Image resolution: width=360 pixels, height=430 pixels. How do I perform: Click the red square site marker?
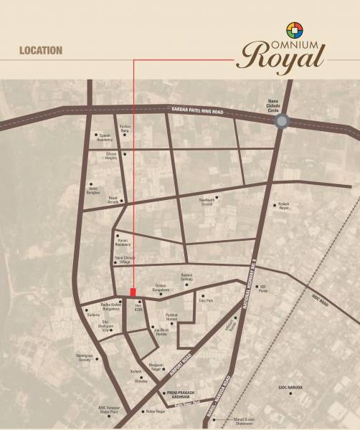tap(133, 291)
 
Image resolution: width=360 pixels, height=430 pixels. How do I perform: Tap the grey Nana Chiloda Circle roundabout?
tap(282, 122)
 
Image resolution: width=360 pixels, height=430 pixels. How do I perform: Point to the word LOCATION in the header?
tap(41, 51)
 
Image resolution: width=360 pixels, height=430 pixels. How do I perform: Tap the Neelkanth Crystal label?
tap(207, 202)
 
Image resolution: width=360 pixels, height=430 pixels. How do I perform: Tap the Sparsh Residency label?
tap(105, 138)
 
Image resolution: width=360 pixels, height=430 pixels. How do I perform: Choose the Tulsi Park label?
tap(206, 301)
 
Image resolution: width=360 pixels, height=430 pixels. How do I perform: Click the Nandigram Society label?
tap(85, 358)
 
